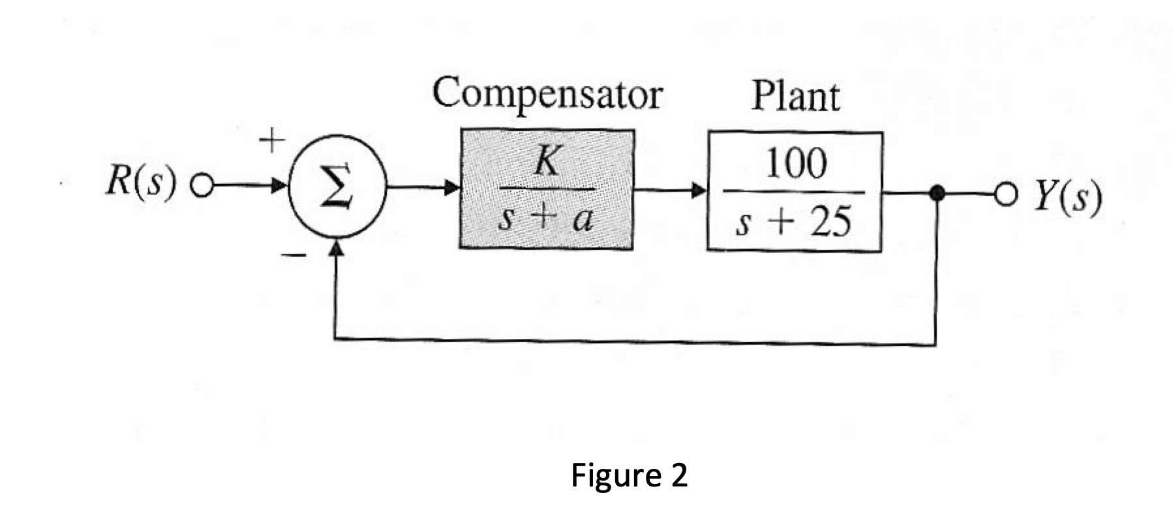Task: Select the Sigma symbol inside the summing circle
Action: [x=338, y=187]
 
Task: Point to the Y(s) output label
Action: [x=1067, y=199]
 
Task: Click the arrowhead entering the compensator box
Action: [x=451, y=189]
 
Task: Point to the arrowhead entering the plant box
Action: [x=699, y=192]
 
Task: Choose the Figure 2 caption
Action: [x=629, y=475]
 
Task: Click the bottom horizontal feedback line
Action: [x=633, y=342]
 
